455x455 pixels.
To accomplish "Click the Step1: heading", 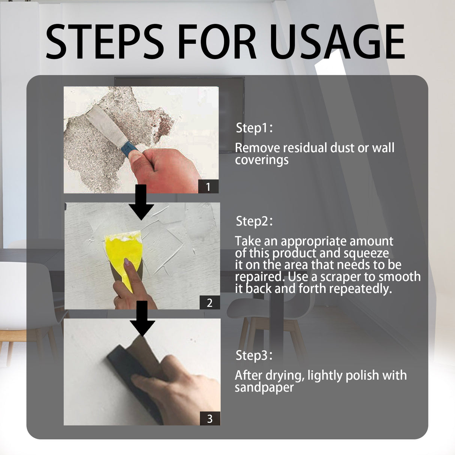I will tap(254, 128).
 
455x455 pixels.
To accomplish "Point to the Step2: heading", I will tap(254, 221).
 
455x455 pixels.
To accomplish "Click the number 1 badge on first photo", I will tap(208, 186).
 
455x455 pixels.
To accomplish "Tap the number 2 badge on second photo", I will tap(210, 302).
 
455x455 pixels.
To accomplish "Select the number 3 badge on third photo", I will tap(210, 418).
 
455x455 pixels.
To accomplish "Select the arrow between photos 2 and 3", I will tap(142, 319).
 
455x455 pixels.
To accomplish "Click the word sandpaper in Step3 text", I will tap(264, 388).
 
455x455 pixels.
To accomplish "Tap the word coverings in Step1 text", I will tap(262, 160).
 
